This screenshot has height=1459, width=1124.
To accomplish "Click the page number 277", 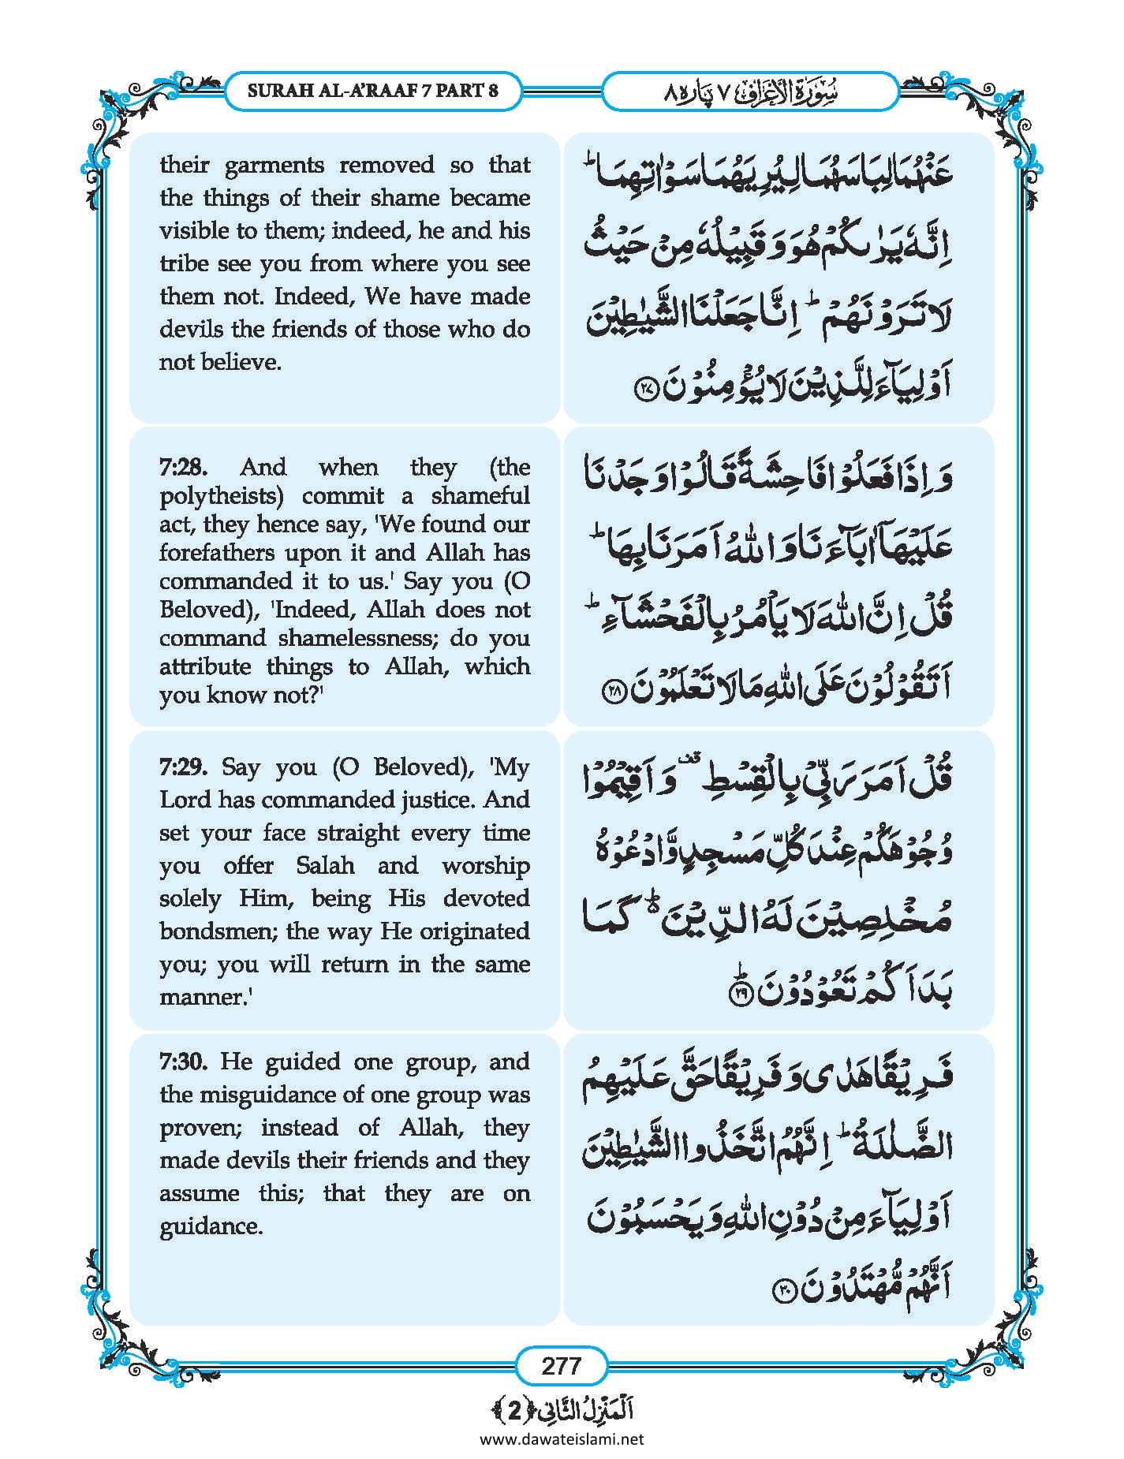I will [x=561, y=1365].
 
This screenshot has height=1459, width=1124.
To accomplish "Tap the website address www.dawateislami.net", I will [x=562, y=1438].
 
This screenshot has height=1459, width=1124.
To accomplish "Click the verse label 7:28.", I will [x=183, y=467].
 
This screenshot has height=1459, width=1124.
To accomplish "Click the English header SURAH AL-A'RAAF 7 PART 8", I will [x=372, y=90].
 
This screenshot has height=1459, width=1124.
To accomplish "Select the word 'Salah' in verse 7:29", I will [x=325, y=865].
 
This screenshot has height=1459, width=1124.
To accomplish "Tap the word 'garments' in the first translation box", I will [x=274, y=165].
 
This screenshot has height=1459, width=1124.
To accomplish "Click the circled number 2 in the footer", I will [x=514, y=1410].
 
